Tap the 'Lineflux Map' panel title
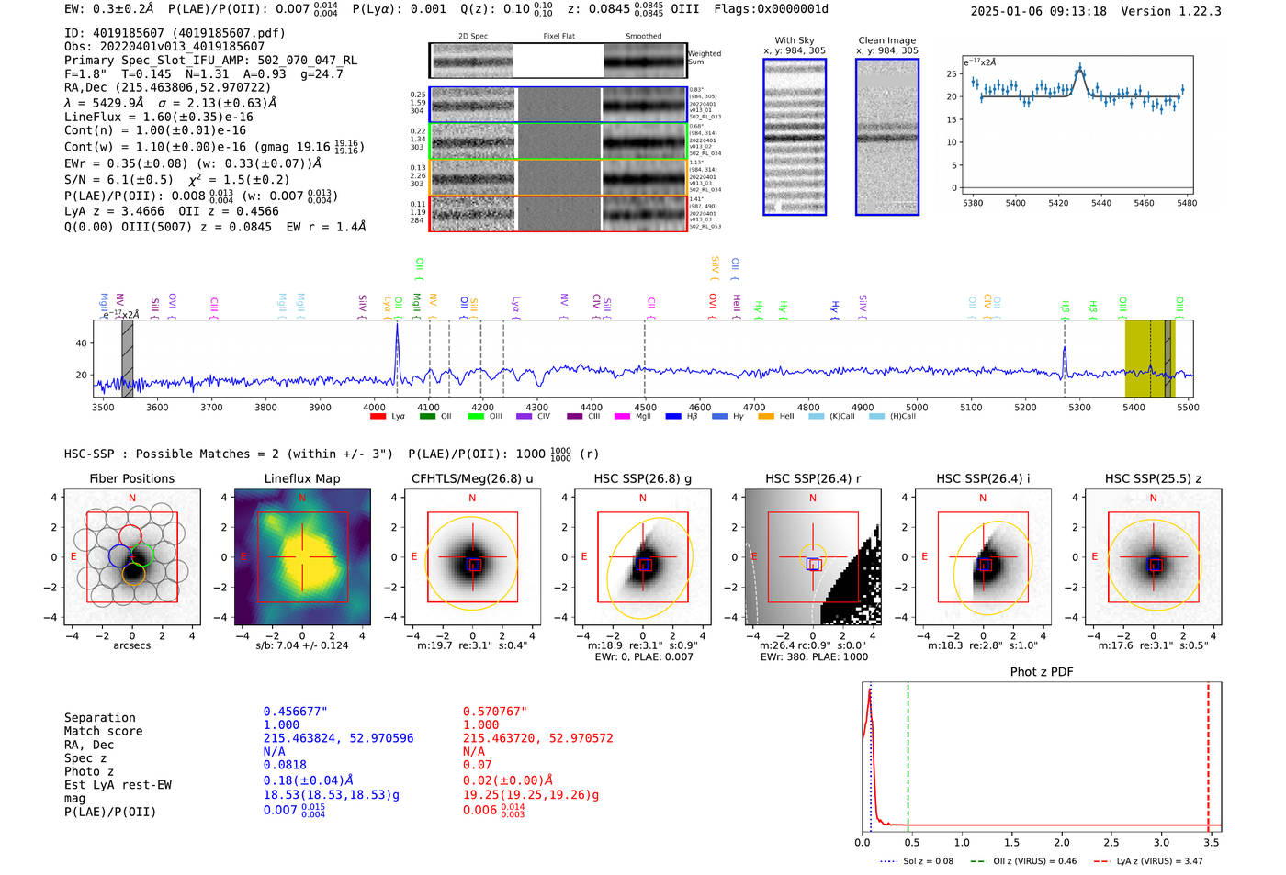point(301,478)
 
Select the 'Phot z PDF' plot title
point(1042,672)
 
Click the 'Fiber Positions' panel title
point(131,478)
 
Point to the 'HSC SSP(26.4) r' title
point(812,478)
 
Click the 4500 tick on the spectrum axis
point(646,407)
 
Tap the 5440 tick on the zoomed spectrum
point(1101,203)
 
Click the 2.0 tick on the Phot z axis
point(1062,842)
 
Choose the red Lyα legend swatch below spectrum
point(378,417)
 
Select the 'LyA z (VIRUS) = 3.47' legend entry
point(1148,861)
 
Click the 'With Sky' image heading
point(794,40)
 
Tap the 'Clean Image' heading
point(886,40)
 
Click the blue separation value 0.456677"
point(295,712)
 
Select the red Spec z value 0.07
point(477,765)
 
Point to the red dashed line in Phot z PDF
point(1208,753)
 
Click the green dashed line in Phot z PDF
point(908,753)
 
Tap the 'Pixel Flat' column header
point(558,36)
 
